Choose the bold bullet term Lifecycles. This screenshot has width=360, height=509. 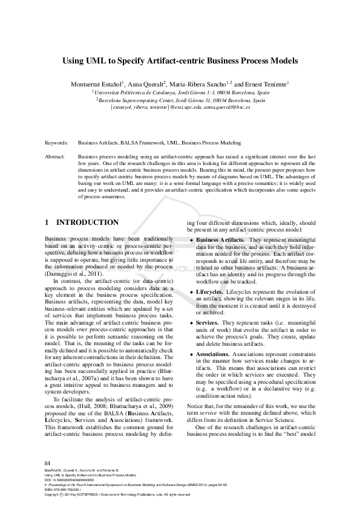pos(209,291)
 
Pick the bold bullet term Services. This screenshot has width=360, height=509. pos(207,323)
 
